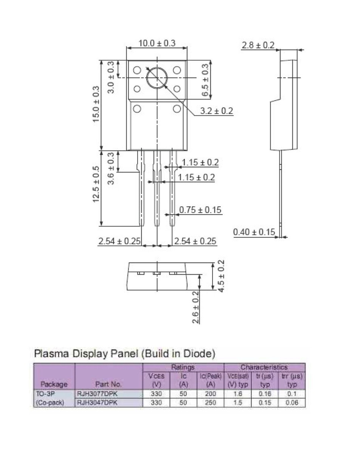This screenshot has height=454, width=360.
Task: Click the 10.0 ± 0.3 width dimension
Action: [x=157, y=43]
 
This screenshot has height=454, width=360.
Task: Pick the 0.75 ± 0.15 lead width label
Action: [x=200, y=210]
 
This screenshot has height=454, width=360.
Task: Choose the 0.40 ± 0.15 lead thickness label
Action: [x=254, y=232]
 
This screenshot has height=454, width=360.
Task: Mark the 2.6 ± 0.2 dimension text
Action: [x=196, y=307]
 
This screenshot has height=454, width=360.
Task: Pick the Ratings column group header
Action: [x=183, y=367]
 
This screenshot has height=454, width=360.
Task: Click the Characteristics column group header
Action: [x=264, y=367]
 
